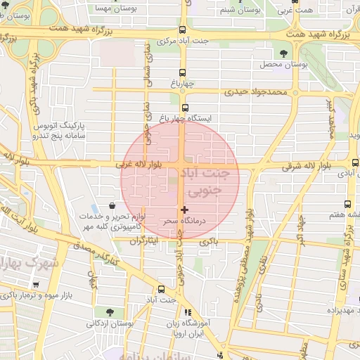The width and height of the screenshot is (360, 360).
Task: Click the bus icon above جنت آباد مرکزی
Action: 183,30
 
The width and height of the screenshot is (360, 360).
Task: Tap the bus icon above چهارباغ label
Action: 183,72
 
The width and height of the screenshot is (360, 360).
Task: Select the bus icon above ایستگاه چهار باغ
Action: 185,108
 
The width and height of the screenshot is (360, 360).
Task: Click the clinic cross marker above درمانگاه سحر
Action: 185,210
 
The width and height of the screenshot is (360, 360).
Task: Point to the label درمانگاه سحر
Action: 184,221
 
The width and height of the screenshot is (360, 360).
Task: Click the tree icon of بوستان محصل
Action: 284,53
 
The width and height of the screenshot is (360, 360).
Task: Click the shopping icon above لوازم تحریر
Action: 112,205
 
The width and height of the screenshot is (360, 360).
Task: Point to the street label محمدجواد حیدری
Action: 256,92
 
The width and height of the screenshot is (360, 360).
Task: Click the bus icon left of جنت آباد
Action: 162,289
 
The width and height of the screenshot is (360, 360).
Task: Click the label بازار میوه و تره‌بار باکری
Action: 31,295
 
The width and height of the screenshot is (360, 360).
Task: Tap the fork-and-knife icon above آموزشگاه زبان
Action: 187,312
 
